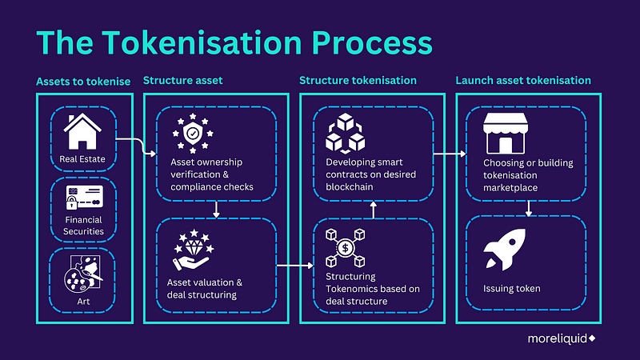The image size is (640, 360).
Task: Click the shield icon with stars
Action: [x=190, y=130]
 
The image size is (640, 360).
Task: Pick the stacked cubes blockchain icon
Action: [x=346, y=131]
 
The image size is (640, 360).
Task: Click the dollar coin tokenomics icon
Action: [x=346, y=247]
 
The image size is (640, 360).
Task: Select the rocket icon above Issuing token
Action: [x=504, y=250]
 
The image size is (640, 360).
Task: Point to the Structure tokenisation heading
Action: [x=358, y=81]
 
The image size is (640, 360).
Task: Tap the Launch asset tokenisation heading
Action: [x=523, y=81]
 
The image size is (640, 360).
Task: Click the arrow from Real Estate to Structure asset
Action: [x=135, y=145]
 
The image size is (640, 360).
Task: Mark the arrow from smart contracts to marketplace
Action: [x=450, y=151]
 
